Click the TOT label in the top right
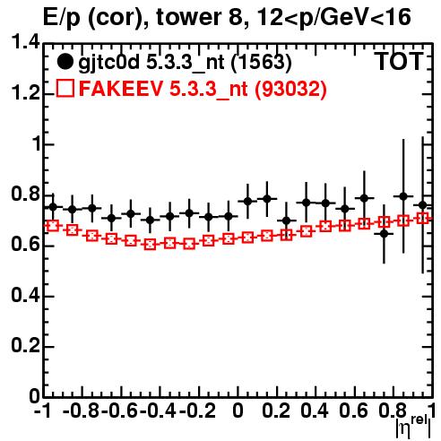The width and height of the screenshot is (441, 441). point(399,62)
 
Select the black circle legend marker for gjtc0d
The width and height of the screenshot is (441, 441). point(65,62)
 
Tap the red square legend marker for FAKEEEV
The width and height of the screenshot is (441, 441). point(65,89)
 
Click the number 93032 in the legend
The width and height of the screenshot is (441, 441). point(290,89)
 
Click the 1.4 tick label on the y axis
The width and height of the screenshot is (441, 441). point(25,42)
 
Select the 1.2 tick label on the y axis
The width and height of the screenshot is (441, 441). point(25,93)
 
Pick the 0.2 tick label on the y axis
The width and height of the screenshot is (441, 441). point(25,345)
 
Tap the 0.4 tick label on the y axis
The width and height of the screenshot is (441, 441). point(25,295)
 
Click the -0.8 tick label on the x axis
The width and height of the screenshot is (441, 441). point(81,411)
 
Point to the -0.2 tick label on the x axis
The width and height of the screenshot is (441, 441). point(197,411)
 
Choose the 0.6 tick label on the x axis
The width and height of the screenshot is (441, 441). point(353,411)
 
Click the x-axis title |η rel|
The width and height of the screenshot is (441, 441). point(413,428)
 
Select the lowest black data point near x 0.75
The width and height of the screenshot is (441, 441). point(384,234)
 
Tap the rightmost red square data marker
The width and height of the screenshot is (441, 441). point(423,218)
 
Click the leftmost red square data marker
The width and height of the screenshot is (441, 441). point(53,226)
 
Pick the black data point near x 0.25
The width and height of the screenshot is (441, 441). point(287,220)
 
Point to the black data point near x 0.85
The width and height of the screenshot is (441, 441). point(403,196)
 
